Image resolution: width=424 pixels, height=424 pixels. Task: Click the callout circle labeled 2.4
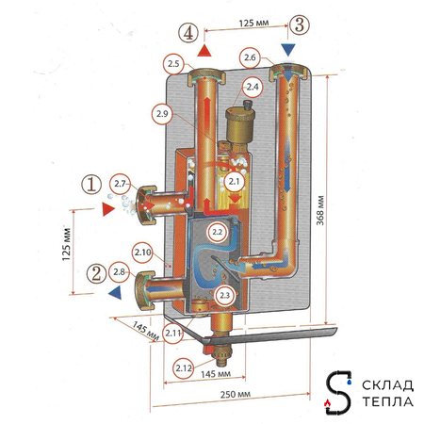point(253,87)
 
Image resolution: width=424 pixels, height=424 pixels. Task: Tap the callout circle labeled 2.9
point(162,114)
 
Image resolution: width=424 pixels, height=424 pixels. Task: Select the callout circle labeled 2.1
point(234,182)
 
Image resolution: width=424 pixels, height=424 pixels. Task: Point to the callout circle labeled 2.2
point(217,232)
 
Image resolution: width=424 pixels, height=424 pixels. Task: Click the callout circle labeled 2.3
point(225,295)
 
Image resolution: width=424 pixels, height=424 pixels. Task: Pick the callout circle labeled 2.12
point(184,367)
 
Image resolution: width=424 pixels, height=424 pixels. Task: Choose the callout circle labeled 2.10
point(142,253)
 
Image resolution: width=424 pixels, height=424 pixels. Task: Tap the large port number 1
point(91,185)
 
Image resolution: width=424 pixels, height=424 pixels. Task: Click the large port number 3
point(300,24)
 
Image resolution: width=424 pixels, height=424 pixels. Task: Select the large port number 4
point(188,33)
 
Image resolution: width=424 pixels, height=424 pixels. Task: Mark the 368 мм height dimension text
point(320,210)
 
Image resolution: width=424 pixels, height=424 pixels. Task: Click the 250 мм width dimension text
point(236,394)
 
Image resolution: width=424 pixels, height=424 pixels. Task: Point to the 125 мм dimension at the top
point(253,24)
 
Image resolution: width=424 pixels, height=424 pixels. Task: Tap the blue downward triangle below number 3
point(288,50)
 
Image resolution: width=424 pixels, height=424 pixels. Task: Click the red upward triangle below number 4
point(204,51)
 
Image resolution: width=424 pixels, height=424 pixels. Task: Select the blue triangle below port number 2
point(115,293)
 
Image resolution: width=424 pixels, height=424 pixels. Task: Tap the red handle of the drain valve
point(208,349)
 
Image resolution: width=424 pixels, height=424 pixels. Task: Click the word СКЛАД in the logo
point(387,385)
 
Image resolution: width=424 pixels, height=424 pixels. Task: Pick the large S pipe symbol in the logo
point(338,392)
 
